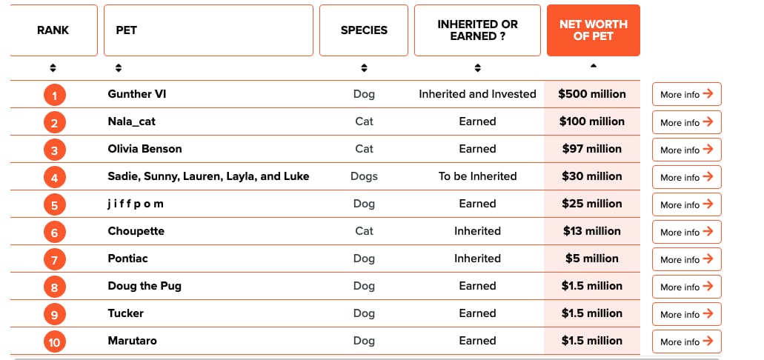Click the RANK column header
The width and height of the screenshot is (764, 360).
(53, 30)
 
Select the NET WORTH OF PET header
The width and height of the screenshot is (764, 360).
(593, 30)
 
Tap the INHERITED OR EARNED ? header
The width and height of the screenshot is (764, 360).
(477, 30)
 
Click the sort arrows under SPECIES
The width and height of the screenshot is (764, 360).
(364, 68)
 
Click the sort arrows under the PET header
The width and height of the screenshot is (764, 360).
(119, 68)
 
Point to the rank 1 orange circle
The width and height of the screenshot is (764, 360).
(54, 95)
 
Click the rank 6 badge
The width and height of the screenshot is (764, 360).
(54, 232)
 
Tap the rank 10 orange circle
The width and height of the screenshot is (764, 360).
(54, 341)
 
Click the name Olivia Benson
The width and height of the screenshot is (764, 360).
(145, 149)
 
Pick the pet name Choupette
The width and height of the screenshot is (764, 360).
(136, 231)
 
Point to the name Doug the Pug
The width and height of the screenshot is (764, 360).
(145, 286)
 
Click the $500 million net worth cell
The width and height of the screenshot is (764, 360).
(592, 94)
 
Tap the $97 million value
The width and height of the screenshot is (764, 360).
(592, 149)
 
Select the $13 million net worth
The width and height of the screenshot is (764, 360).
(592, 231)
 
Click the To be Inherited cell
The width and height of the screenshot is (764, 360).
(477, 176)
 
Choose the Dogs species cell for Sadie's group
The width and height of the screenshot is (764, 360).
(364, 176)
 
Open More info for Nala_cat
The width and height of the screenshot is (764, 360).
(686, 122)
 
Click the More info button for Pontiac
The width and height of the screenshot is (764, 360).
(686, 259)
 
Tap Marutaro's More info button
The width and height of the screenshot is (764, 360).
(686, 341)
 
